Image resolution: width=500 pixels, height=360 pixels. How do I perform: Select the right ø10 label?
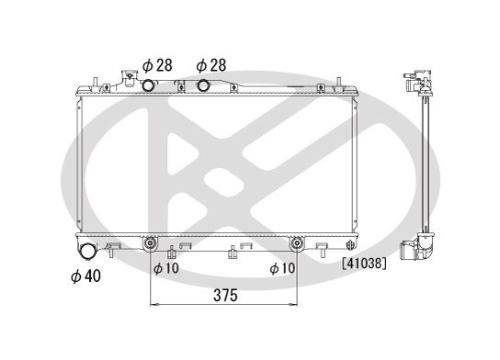coord(282,268)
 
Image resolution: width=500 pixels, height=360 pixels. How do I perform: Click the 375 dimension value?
coord(225,296)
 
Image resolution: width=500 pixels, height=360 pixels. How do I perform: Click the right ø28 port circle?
coord(206,85)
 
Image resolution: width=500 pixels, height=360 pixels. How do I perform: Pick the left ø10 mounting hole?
coord(150,244)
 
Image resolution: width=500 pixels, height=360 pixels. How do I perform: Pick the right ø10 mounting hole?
coord(297,244)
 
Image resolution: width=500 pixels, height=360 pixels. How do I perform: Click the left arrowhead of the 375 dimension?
coord(153,305)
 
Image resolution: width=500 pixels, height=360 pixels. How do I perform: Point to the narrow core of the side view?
coord(425,165)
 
